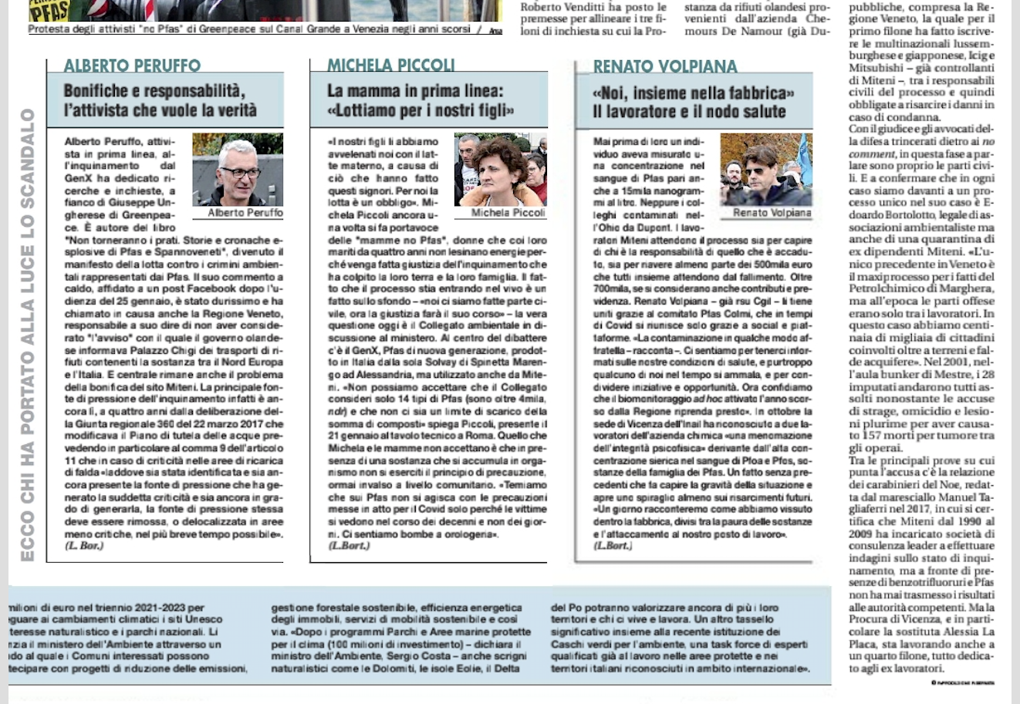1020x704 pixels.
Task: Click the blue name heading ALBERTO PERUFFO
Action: pyautogui.click(x=132, y=66)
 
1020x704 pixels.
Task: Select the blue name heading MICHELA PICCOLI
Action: pyautogui.click(x=390, y=66)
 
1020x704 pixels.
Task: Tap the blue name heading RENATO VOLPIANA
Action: pyautogui.click(x=665, y=67)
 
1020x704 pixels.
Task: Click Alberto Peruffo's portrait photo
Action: pyautogui.click(x=238, y=169)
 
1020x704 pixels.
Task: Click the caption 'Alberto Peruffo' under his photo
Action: pyautogui.click(x=245, y=213)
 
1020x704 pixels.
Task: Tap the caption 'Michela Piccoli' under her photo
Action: pyautogui.click(x=508, y=213)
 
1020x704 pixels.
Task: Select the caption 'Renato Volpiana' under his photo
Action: pyautogui.click(x=772, y=213)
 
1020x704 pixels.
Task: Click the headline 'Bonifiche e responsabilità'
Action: pyautogui.click(x=154, y=91)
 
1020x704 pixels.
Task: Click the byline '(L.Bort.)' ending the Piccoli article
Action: pyautogui.click(x=349, y=546)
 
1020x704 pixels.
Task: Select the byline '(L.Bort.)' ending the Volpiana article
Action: pyautogui.click(x=613, y=546)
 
